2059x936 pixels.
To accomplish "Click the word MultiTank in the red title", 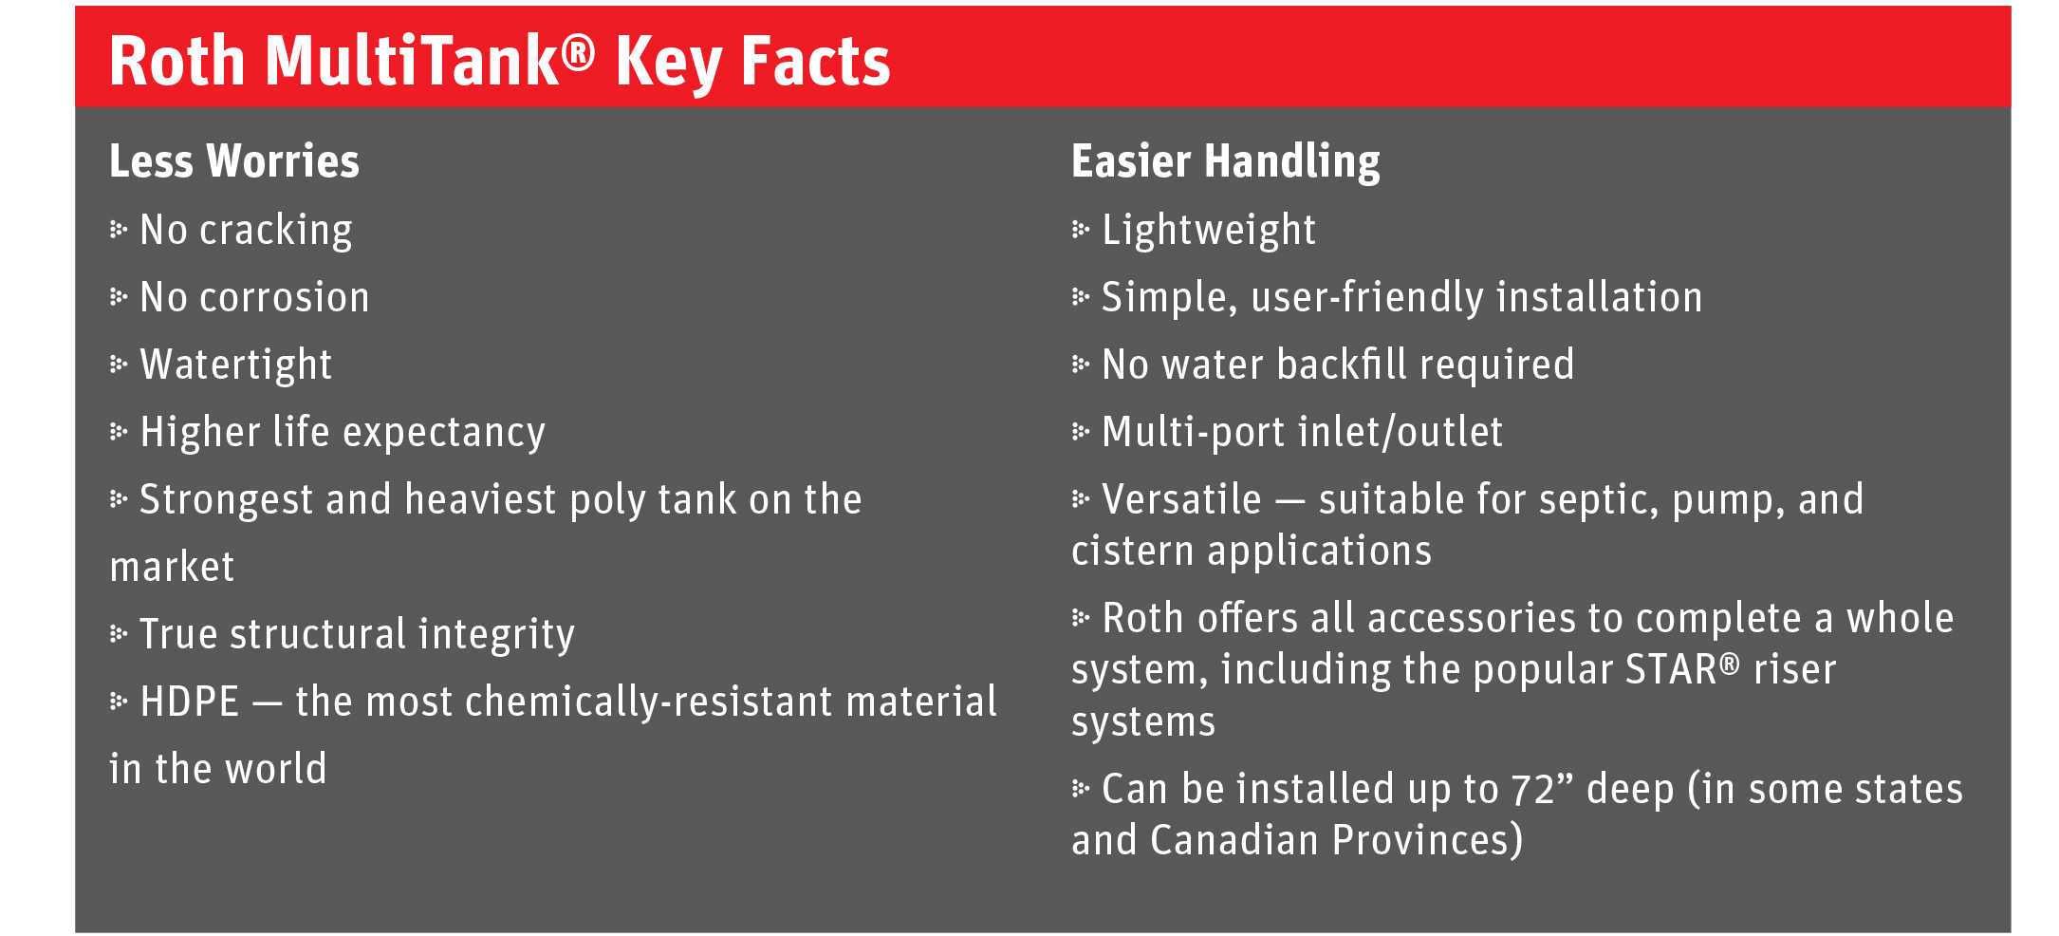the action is pyautogui.click(x=413, y=61).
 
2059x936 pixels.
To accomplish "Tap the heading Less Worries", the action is pyautogui.click(x=234, y=160).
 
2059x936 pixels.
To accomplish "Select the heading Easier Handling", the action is pyautogui.click(x=1226, y=162).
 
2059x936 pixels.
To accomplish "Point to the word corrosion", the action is pyautogui.click(x=285, y=298).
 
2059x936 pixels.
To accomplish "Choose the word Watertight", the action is pyautogui.click(x=236, y=365).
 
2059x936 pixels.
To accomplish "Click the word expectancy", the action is pyautogui.click(x=444, y=434).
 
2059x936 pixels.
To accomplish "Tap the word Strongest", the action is pyautogui.click(x=226, y=500).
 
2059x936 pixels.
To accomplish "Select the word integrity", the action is pyautogui.click(x=496, y=635).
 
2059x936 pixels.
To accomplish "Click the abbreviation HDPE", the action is pyautogui.click(x=190, y=702).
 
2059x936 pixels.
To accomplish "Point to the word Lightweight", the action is pyautogui.click(x=1209, y=231).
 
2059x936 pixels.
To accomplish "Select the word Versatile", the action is pyautogui.click(x=1181, y=499).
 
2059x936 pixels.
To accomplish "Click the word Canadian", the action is pyautogui.click(x=1234, y=840).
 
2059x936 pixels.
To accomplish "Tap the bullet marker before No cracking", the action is pyautogui.click(x=119, y=230).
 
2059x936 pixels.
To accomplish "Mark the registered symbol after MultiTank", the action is pyautogui.click(x=578, y=52).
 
